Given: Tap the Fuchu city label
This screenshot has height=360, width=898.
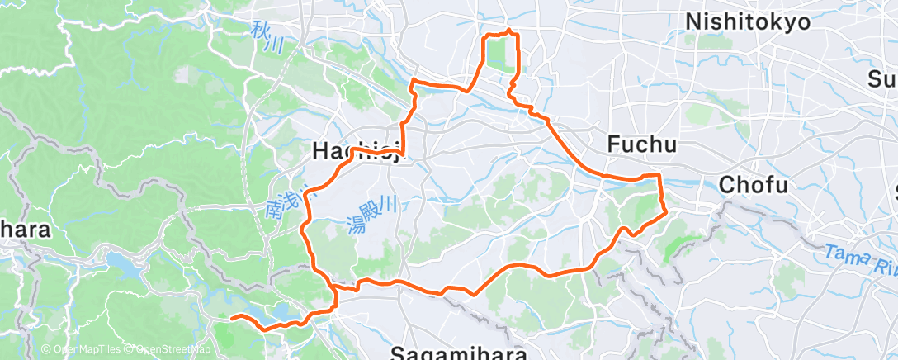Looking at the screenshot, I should [x=641, y=145].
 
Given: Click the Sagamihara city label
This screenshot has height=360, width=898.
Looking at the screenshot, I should [x=458, y=353].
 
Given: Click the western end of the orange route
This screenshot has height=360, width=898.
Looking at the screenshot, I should [x=233, y=317].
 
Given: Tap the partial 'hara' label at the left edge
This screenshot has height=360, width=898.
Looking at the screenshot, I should [x=25, y=230].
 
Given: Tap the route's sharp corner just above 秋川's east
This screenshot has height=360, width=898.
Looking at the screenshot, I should [x=413, y=81].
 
